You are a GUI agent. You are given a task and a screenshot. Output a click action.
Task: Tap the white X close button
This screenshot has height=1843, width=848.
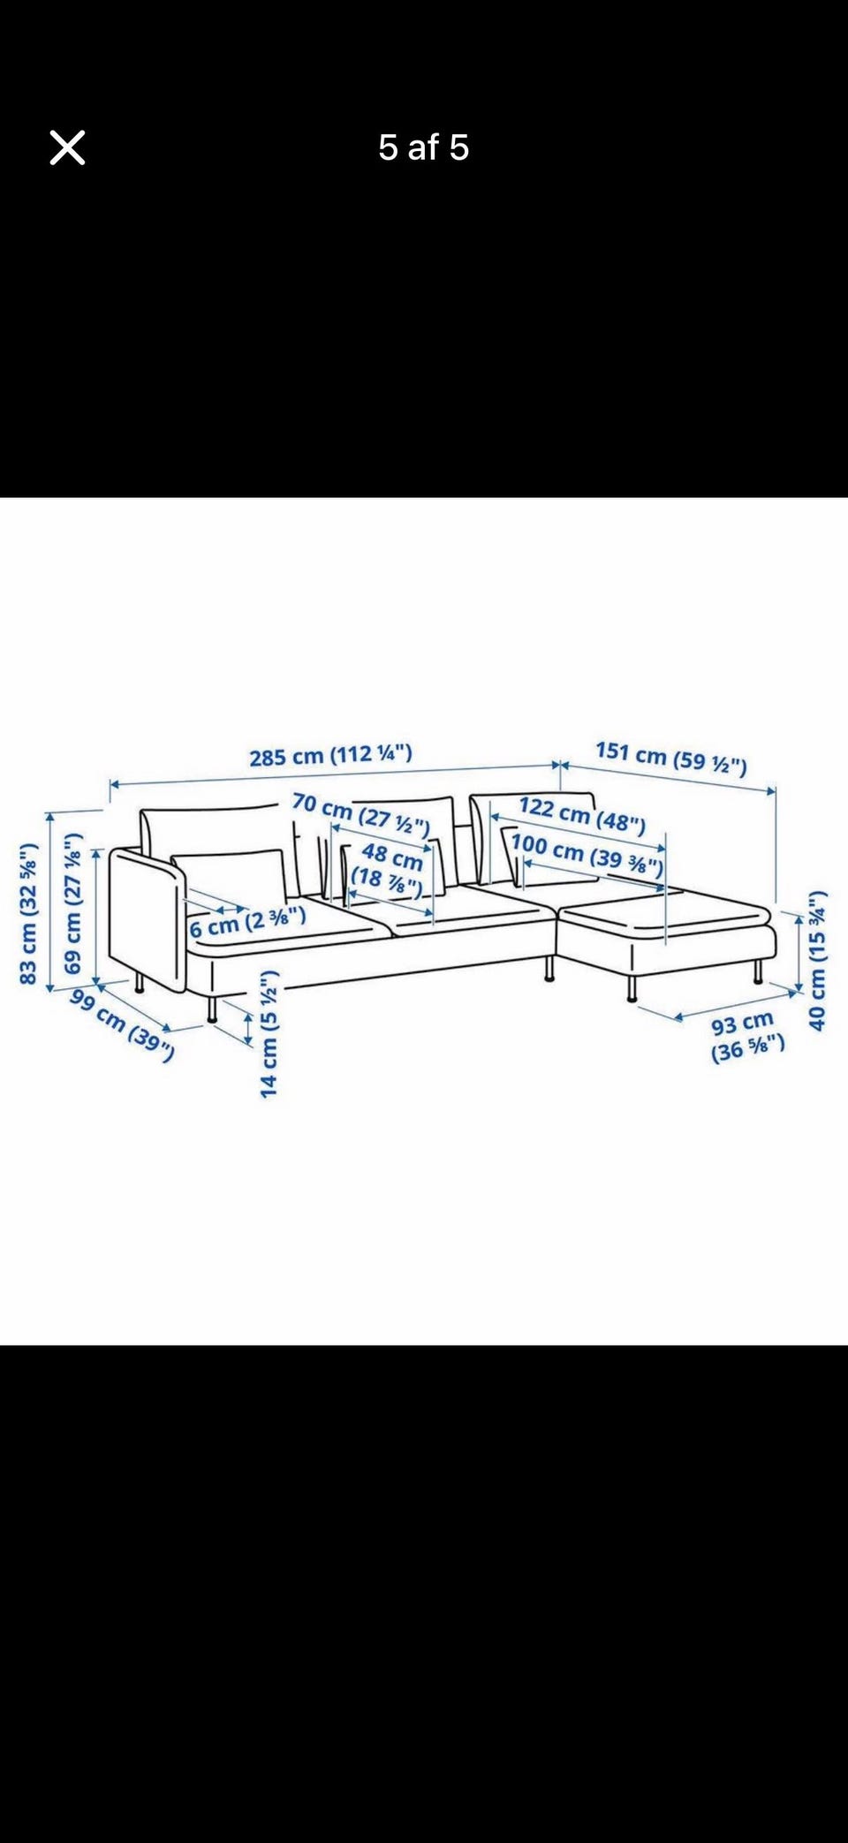pos(67,147)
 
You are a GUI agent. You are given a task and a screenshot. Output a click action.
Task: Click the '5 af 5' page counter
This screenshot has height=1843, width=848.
pos(423,147)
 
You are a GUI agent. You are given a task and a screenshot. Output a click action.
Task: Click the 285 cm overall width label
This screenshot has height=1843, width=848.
pos(330,756)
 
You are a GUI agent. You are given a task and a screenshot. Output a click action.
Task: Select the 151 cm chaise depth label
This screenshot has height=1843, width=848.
pos(671,758)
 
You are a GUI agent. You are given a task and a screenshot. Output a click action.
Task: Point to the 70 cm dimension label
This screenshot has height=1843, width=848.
pos(360,815)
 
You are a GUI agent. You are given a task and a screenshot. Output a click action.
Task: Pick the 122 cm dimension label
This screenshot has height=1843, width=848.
pos(582,814)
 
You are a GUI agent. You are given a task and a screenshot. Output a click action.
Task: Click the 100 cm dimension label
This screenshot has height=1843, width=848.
pos(587,854)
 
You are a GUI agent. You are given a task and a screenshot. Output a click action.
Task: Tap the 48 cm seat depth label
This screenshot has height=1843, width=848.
pos(389,868)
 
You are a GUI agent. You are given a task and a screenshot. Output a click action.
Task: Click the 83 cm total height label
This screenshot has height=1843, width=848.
pos(28,914)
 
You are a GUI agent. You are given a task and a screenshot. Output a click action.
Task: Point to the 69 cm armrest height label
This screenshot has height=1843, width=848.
pos(72,903)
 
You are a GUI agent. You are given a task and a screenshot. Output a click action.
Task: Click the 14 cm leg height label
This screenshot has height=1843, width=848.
pos(269,1033)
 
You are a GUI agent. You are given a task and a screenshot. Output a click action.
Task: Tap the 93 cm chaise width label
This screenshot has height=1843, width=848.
pos(747,1037)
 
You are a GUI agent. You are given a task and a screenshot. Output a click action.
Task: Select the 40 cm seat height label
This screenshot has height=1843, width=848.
pos(818,960)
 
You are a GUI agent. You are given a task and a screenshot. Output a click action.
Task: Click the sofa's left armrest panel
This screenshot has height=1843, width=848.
pos(147,919)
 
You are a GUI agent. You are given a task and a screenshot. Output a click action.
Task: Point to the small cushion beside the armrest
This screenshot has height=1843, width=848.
pos(230,879)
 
